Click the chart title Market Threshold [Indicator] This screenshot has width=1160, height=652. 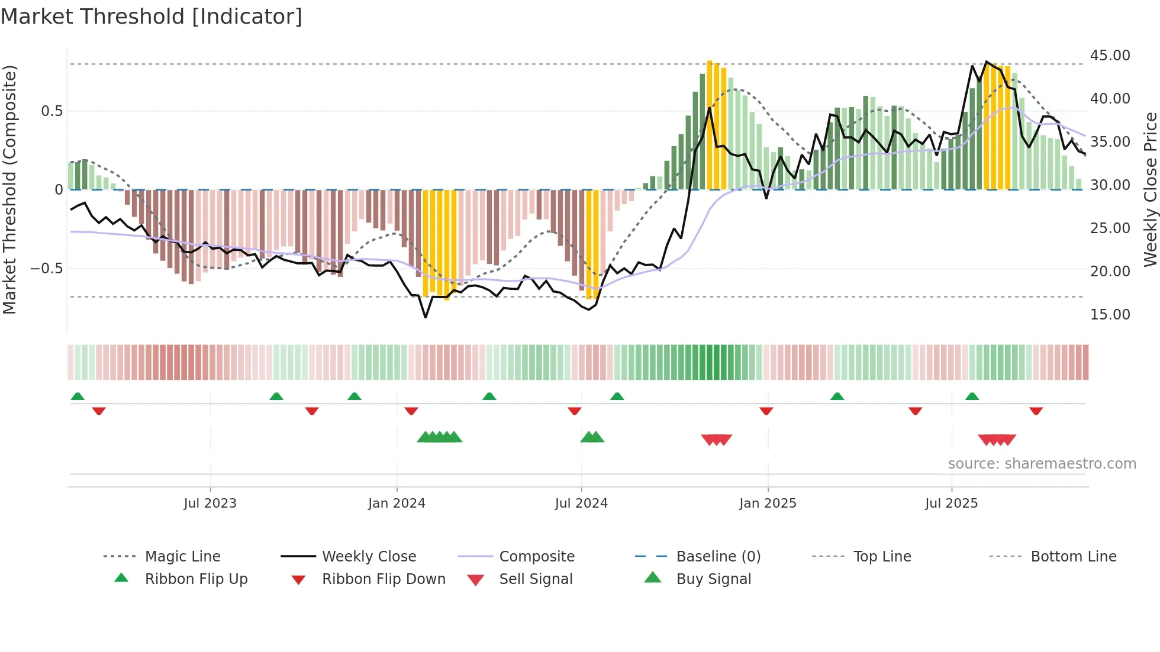152,17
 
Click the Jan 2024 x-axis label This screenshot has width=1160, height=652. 397,503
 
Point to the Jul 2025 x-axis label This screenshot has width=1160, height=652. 951,503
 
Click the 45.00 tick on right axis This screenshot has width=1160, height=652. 1110,55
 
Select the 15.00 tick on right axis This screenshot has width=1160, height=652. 1110,314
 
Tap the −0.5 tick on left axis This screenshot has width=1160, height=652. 46,268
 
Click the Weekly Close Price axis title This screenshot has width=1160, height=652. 1150,189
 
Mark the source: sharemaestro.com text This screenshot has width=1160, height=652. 1042,463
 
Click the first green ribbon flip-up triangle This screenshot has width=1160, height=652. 78,396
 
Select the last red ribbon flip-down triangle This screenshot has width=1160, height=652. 1036,411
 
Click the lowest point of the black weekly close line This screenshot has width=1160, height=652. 426,317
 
